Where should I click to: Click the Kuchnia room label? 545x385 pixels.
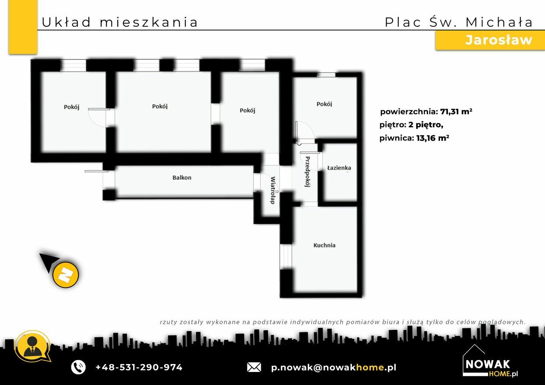pyautogui.click(x=324, y=245)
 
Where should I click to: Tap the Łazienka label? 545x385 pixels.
pyautogui.click(x=339, y=168)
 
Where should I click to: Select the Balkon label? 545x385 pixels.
pyautogui.click(x=182, y=178)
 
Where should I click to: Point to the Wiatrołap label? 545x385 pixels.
pyautogui.click(x=273, y=190)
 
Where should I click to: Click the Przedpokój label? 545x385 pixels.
pyautogui.click(x=308, y=171)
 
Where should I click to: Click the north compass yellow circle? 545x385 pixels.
pyautogui.click(x=66, y=275)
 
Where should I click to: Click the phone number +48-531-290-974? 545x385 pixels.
pyautogui.click(x=139, y=367)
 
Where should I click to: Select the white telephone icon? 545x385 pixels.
pyautogui.click(x=78, y=367)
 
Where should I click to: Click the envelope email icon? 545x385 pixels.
pyautogui.click(x=254, y=367)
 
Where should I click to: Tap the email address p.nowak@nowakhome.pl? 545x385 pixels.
pyautogui.click(x=334, y=367)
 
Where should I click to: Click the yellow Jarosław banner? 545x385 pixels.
pyautogui.click(x=490, y=40)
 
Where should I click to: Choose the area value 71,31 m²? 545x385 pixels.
pyautogui.click(x=456, y=112)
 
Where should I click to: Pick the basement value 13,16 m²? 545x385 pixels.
pyautogui.click(x=432, y=138)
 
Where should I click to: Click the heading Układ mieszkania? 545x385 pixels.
pyautogui.click(x=120, y=22)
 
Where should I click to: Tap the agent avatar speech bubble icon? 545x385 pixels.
pyautogui.click(x=32, y=346)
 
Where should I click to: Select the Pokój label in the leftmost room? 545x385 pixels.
pyautogui.click(x=71, y=107)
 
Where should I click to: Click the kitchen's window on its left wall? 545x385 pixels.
pyautogui.click(x=286, y=256)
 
